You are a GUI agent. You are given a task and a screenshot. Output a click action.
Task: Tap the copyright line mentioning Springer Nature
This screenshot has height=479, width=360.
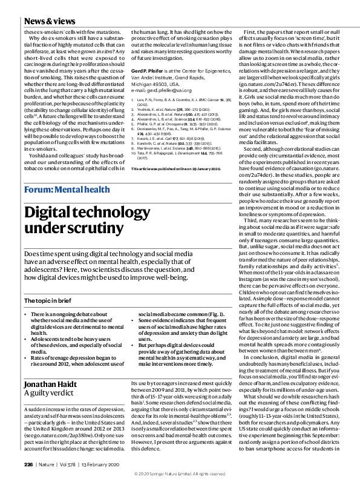(180, 471)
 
